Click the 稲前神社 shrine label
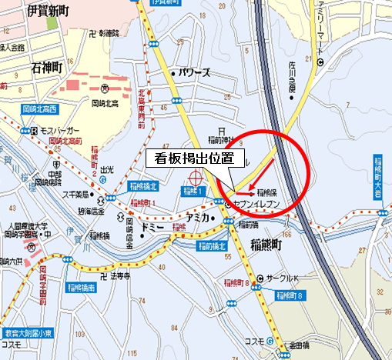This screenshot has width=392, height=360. tap(224, 140)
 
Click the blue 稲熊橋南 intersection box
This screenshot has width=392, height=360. tap(79, 287)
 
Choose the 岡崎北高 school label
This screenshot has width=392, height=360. tap(104, 102)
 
